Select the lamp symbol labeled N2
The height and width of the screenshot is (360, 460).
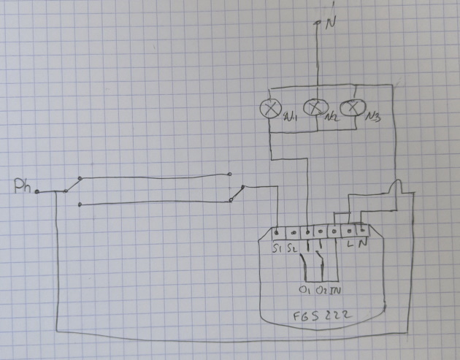click(x=314, y=108)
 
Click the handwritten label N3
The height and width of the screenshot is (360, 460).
click(x=375, y=116)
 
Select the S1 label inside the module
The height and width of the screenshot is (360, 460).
click(x=278, y=250)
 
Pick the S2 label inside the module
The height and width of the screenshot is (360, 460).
click(x=293, y=250)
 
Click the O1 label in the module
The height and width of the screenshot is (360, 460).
click(x=304, y=290)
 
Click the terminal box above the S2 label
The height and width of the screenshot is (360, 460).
click(x=293, y=233)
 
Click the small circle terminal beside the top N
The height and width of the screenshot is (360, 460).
click(x=318, y=23)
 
